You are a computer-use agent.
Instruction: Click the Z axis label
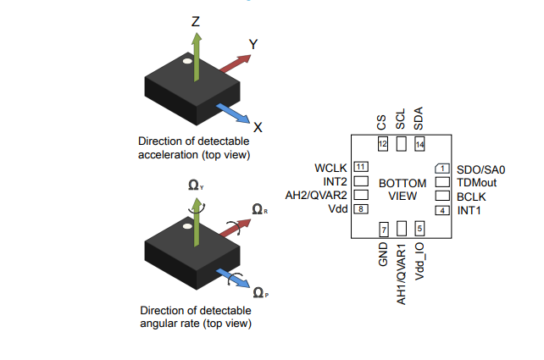point(196,20)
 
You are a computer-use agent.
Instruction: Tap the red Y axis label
point(253,43)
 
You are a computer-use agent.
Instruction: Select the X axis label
point(258,127)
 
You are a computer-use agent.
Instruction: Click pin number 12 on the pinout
point(383,144)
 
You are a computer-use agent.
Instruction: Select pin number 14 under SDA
point(419,144)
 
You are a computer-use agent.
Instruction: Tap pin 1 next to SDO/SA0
point(441,168)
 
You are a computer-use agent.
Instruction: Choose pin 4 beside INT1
point(441,209)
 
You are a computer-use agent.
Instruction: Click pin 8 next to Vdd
point(361,209)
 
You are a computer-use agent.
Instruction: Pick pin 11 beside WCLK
point(361,168)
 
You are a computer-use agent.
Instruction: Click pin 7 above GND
point(383,229)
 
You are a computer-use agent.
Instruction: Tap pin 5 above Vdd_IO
point(419,229)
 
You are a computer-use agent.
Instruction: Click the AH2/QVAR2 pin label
point(317,195)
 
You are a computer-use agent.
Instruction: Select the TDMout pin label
point(476,182)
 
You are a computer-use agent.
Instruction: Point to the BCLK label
point(471,196)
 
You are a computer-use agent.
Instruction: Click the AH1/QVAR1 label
point(402,274)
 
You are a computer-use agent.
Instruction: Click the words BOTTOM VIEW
point(401,189)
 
